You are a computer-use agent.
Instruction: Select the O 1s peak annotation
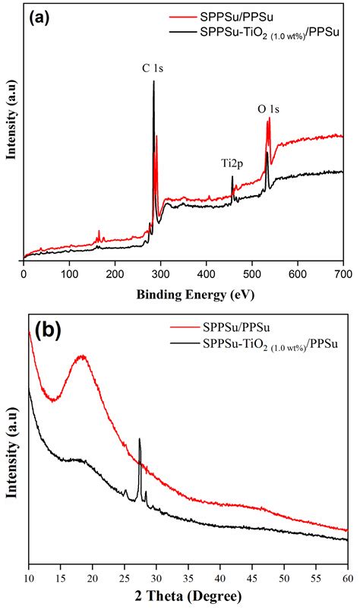tap(268, 109)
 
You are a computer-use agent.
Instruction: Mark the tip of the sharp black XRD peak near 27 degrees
tap(140, 439)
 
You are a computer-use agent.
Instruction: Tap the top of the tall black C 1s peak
tap(153, 81)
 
